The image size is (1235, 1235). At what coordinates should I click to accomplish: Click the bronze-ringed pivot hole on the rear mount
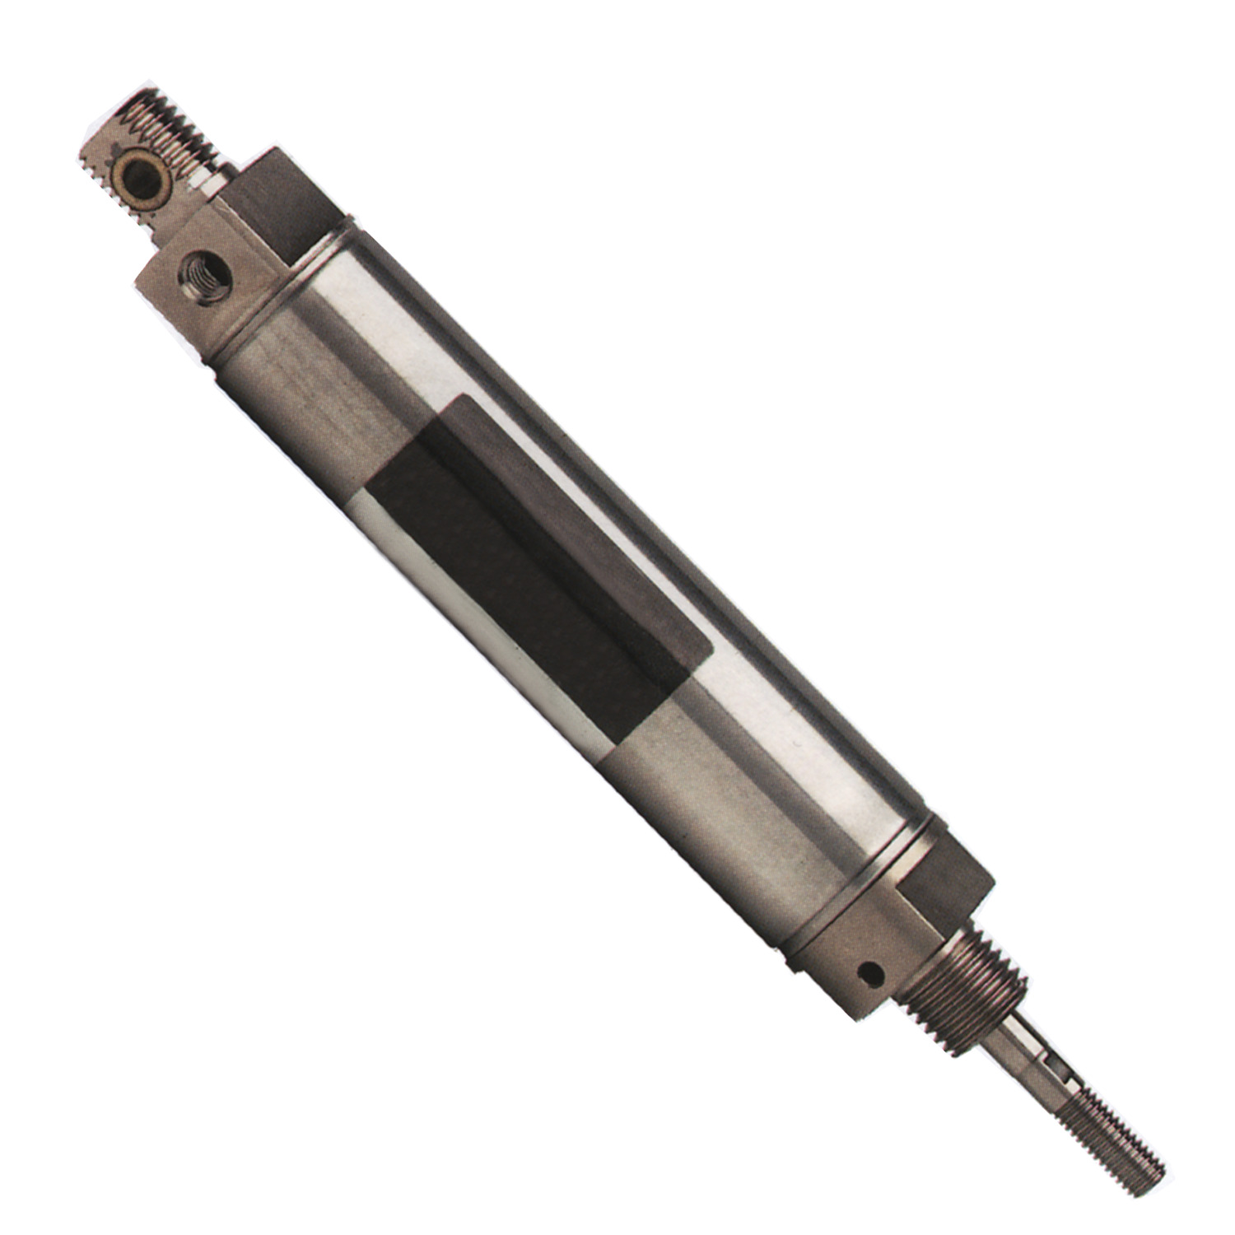tap(134, 175)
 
